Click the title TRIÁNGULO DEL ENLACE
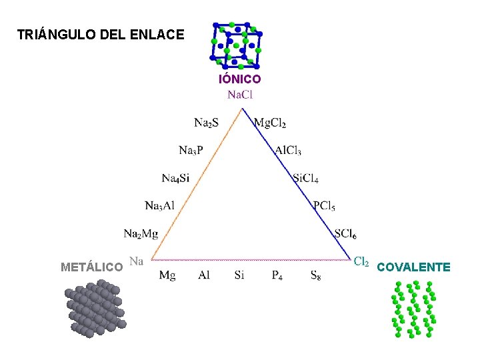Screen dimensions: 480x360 (x=101, y=34)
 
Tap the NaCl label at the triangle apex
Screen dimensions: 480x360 (x=240, y=94)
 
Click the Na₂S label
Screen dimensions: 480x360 (x=207, y=122)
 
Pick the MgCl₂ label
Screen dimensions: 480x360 (x=271, y=123)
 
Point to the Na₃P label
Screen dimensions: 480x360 (x=191, y=150)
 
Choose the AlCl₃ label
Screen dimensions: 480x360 (x=288, y=151)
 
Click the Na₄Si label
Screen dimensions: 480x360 (x=175, y=178)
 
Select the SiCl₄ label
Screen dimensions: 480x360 (x=306, y=179)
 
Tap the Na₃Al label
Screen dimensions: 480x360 (x=159, y=205)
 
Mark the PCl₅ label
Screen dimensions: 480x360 (x=325, y=205)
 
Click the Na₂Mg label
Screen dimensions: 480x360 (x=141, y=233)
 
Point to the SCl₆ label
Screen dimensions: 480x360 (x=345, y=234)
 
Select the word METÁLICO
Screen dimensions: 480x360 (x=91, y=268)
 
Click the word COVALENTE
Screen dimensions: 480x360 (x=413, y=268)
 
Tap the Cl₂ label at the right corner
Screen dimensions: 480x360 (x=361, y=262)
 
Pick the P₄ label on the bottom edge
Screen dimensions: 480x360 (x=277, y=275)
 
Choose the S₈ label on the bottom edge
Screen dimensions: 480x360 (x=315, y=275)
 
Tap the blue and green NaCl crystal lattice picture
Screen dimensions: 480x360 (x=237, y=45)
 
